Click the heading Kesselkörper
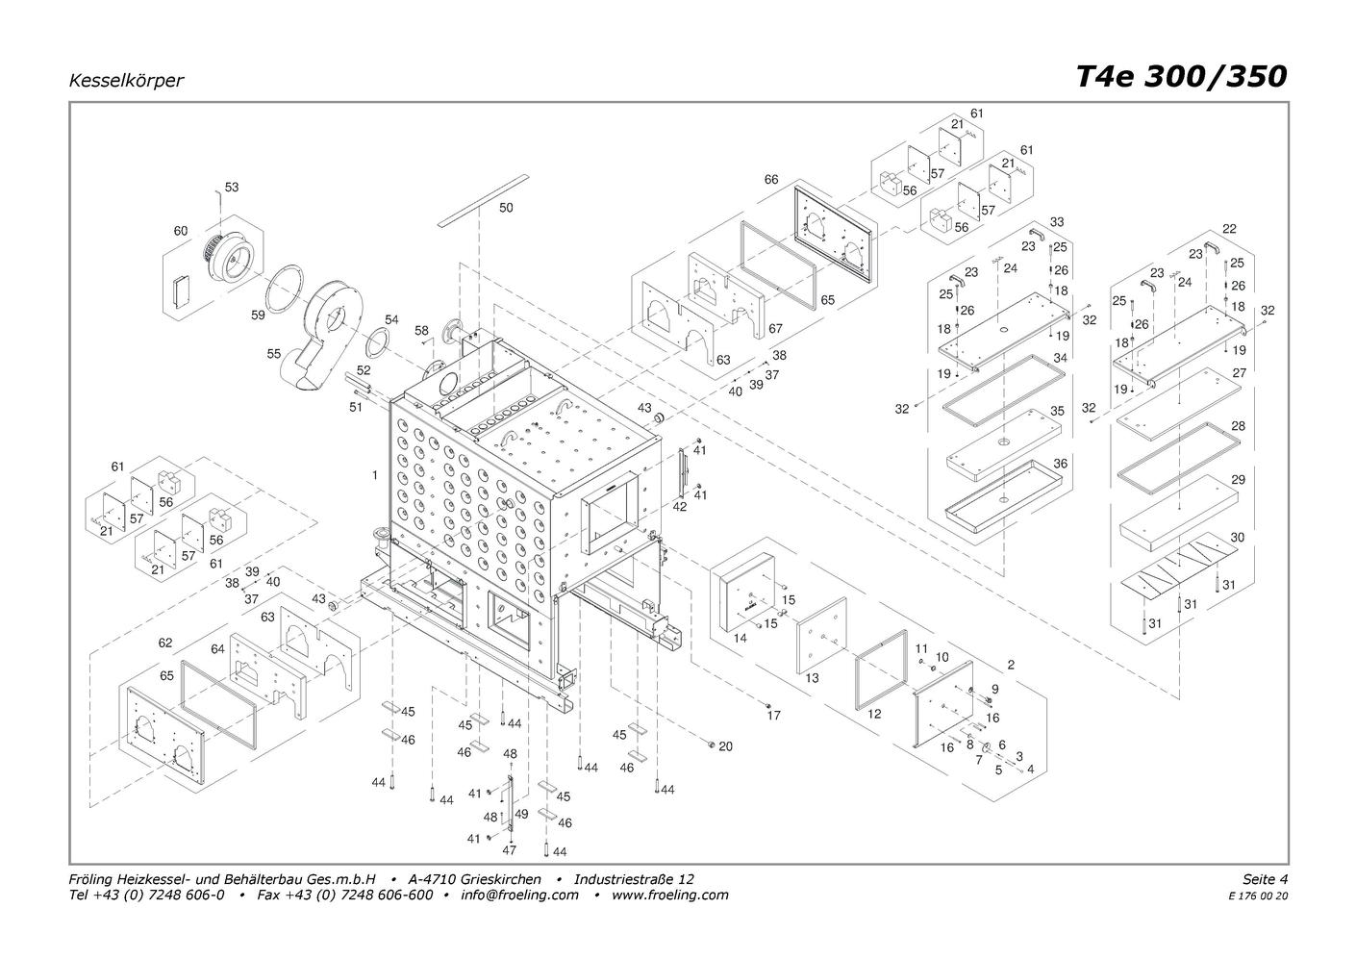[x=126, y=80]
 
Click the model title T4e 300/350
[x=1181, y=77]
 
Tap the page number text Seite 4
[x=1266, y=879]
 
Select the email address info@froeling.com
[x=519, y=895]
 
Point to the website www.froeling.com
[x=670, y=895]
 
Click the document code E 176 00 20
[x=1258, y=896]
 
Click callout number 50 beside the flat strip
[x=506, y=208]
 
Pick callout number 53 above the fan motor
[x=232, y=187]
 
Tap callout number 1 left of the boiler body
[x=375, y=475]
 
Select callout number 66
[x=771, y=179]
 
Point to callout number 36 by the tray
[x=1061, y=464]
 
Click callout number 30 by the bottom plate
[x=1238, y=537]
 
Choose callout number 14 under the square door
[x=740, y=638]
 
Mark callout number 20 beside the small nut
[x=726, y=746]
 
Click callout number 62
[x=165, y=643]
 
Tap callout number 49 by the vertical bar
[x=521, y=814]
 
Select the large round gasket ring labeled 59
[x=285, y=289]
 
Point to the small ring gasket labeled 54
[x=380, y=342]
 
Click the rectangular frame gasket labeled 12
[x=881, y=670]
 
